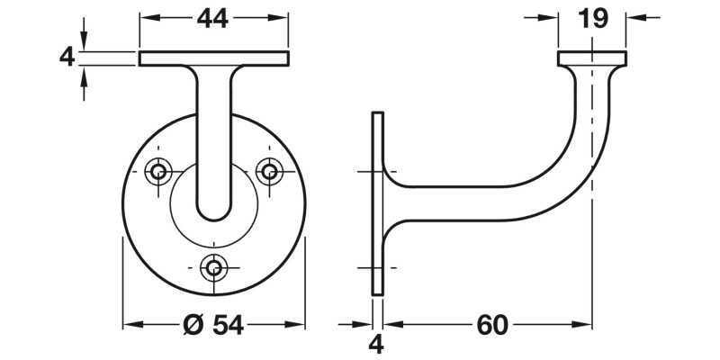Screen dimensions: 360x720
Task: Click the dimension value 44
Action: click(x=213, y=17)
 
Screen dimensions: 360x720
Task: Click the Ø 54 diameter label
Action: click(x=213, y=325)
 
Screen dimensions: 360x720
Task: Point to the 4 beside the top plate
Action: click(x=64, y=58)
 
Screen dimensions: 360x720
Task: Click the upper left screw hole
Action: click(x=159, y=169)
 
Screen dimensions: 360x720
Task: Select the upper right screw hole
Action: click(x=268, y=169)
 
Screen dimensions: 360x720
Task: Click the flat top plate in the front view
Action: click(x=213, y=58)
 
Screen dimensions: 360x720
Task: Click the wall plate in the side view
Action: click(x=379, y=202)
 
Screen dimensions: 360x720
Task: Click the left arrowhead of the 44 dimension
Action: click(x=144, y=17)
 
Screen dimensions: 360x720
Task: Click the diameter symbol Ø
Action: click(x=193, y=325)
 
